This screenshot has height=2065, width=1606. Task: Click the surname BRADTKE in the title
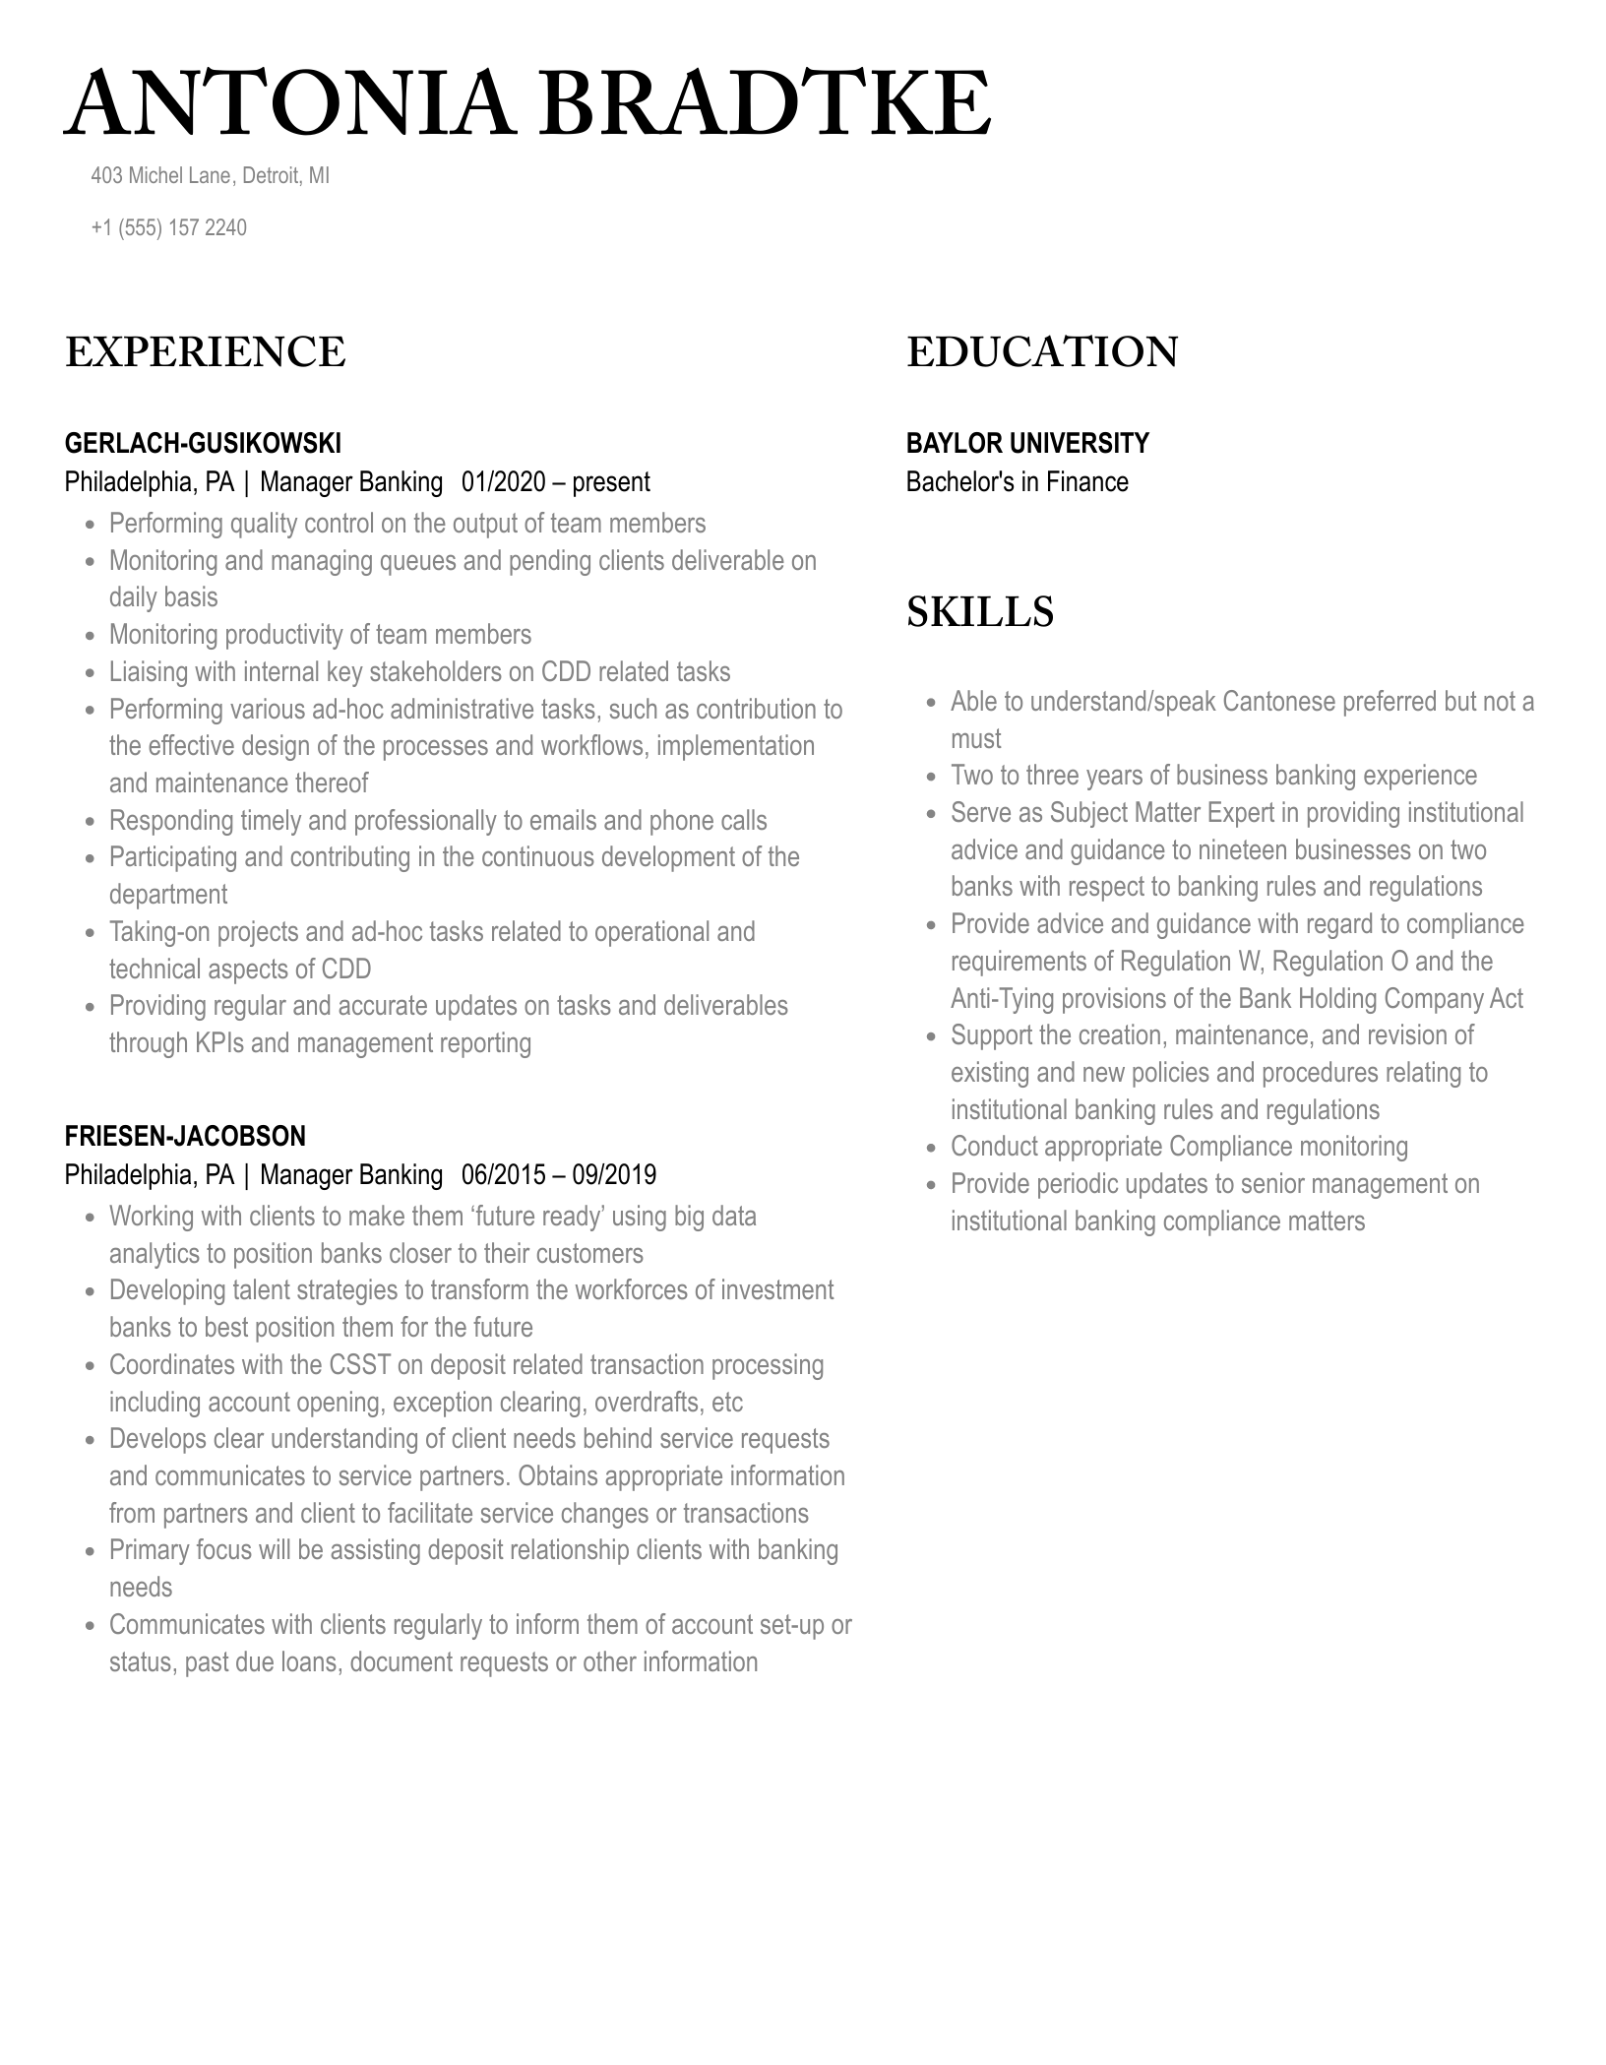pyautogui.click(x=765, y=105)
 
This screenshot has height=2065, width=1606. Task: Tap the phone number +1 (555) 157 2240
pyautogui.click(x=168, y=227)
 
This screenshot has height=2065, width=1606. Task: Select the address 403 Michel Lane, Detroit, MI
pyautogui.click(x=210, y=176)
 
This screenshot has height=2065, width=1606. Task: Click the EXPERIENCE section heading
pyautogui.click(x=206, y=352)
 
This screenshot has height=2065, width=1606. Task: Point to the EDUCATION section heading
pyautogui.click(x=1042, y=352)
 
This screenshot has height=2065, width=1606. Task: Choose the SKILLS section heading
pyautogui.click(x=979, y=611)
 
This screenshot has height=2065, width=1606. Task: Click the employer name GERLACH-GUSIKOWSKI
pyautogui.click(x=203, y=443)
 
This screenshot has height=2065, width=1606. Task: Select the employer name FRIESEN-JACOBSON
pyautogui.click(x=185, y=1136)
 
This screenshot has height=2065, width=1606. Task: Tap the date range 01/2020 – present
pyautogui.click(x=555, y=482)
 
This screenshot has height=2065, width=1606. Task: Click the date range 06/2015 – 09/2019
pyautogui.click(x=558, y=1175)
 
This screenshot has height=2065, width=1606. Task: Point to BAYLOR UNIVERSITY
pyautogui.click(x=1027, y=443)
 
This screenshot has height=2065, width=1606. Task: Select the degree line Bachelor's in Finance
pyautogui.click(x=1017, y=482)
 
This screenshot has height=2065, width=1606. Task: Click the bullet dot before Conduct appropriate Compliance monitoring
pyautogui.click(x=931, y=1149)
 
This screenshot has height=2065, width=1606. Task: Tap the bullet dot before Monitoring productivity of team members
pyautogui.click(x=90, y=637)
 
